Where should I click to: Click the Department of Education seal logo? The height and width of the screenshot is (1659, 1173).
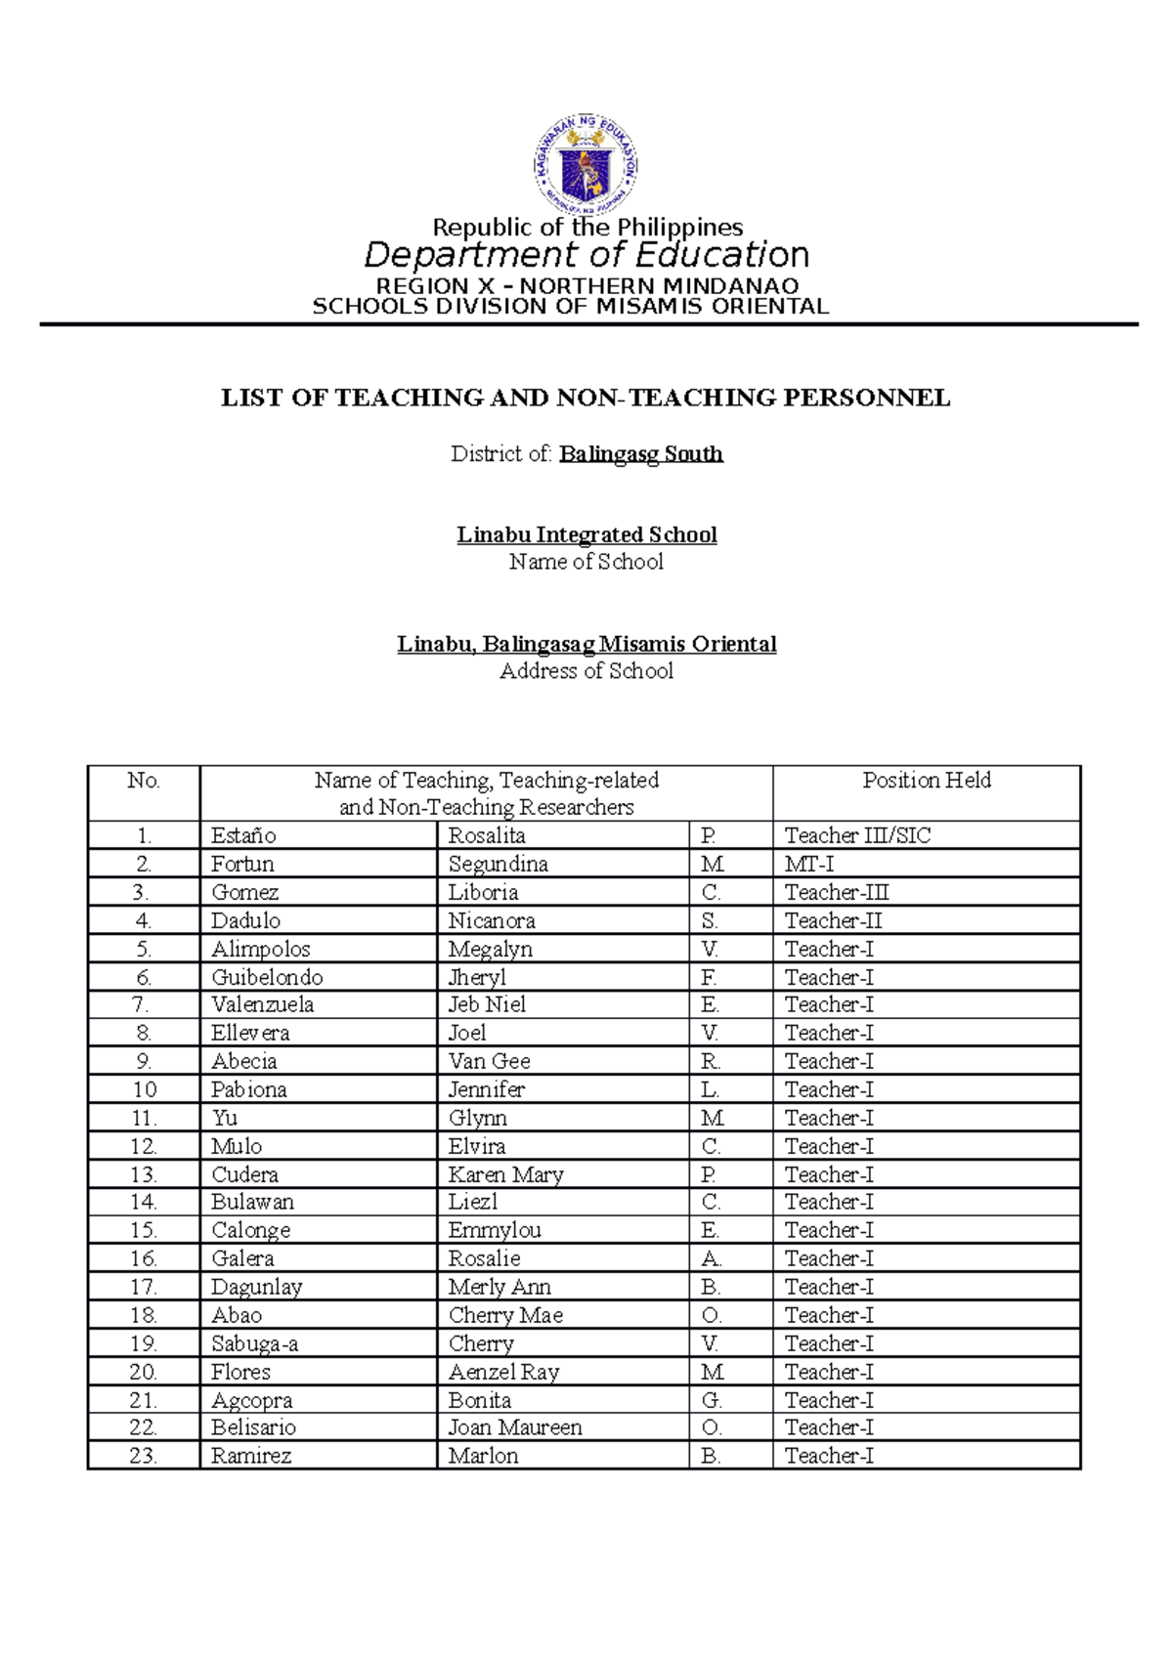pos(586,163)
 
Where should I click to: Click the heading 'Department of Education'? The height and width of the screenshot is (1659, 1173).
pos(586,255)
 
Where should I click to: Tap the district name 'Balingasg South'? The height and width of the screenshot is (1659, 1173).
pos(640,453)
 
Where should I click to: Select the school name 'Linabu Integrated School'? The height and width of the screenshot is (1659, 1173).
pos(586,534)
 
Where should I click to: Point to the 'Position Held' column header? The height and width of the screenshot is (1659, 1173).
pos(926,780)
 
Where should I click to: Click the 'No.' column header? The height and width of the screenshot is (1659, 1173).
pos(143,780)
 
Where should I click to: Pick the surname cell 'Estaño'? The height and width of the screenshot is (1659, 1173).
pos(243,835)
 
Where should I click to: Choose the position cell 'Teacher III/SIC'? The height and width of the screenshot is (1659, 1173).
pos(857,835)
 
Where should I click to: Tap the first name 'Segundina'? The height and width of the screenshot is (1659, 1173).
pos(498,864)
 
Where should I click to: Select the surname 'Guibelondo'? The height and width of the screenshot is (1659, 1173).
pos(267,977)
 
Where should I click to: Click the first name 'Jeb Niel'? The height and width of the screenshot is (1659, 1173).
pos(487,1004)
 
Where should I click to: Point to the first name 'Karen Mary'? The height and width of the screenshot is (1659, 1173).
pos(505,1174)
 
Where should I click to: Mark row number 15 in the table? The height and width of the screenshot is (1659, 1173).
pos(143,1230)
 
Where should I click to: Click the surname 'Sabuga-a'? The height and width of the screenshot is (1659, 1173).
pos(254,1343)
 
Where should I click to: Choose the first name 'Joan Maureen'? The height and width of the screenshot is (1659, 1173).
pos(515,1427)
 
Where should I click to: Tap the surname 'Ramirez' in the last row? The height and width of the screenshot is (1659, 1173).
pos(251,1456)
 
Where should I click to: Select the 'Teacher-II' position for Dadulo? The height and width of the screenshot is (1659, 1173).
pos(833,920)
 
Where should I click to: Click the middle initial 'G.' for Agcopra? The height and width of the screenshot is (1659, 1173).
pos(711,1400)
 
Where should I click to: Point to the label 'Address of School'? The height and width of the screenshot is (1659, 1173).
pos(586,671)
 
